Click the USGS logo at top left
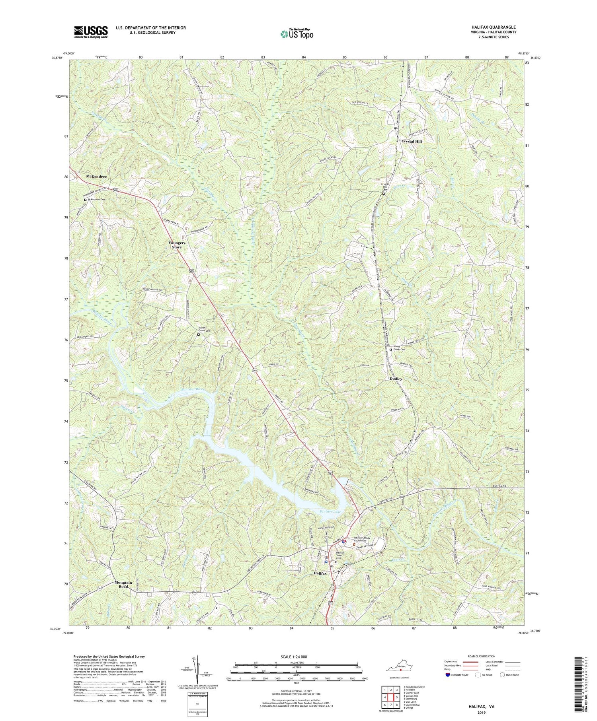(90, 31)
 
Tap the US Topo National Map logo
(297, 34)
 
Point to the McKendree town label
(96, 176)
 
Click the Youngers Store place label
(177, 245)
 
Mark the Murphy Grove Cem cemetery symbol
(199, 334)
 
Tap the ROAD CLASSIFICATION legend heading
(481, 657)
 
